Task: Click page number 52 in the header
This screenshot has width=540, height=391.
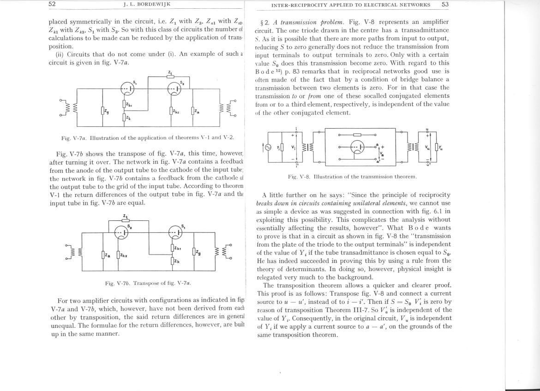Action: coord(52,4)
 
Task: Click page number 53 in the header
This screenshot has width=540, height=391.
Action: coord(445,5)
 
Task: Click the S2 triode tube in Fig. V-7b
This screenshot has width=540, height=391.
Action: coord(122,233)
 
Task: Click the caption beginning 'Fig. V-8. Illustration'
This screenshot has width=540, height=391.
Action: coord(352,177)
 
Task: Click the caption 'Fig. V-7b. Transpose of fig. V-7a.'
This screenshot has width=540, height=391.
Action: coord(148,283)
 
